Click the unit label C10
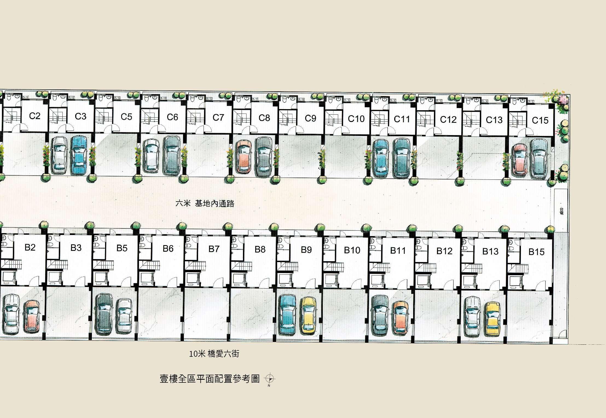[356, 119]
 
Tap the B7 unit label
[214, 249]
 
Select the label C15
[540, 120]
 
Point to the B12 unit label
[444, 251]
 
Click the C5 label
[126, 117]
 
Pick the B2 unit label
[30, 247]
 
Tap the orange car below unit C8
[244, 156]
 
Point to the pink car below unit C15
[520, 159]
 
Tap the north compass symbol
[270, 379]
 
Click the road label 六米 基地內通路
[205, 204]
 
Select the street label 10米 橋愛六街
[214, 354]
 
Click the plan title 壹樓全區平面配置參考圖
[210, 379]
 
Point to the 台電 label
[561, 211]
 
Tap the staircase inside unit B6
[150, 265]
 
